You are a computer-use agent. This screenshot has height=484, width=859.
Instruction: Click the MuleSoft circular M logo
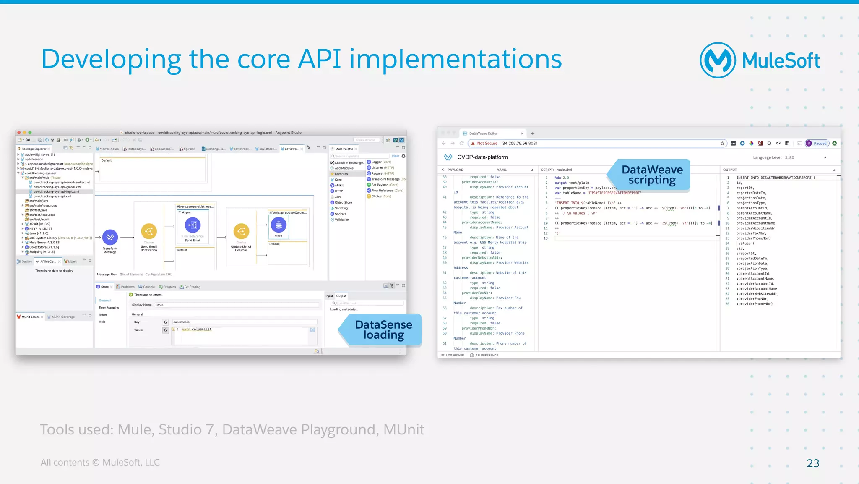(x=718, y=60)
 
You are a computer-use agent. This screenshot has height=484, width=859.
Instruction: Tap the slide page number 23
(x=812, y=463)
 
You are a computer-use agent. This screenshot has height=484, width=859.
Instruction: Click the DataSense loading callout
(x=383, y=330)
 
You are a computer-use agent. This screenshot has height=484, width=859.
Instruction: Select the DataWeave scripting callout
(x=652, y=175)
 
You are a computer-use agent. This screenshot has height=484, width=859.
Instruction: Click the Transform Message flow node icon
(x=110, y=238)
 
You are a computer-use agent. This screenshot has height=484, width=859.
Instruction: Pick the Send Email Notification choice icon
(x=149, y=231)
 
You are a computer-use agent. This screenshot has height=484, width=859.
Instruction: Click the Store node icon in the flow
(x=279, y=225)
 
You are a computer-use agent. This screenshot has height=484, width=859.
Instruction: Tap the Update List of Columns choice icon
(x=241, y=231)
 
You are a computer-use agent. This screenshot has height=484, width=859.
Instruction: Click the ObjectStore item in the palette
(x=343, y=202)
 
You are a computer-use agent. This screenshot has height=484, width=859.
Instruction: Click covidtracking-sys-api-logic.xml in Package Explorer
(x=56, y=191)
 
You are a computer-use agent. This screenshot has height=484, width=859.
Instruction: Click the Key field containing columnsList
(x=244, y=322)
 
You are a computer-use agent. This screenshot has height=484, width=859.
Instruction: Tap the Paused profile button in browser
(x=817, y=143)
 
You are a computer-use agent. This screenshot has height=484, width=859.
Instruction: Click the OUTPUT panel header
(x=730, y=170)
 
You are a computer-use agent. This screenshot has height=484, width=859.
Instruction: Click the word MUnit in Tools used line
(x=403, y=430)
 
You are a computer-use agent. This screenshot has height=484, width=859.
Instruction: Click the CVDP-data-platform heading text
(x=482, y=157)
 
